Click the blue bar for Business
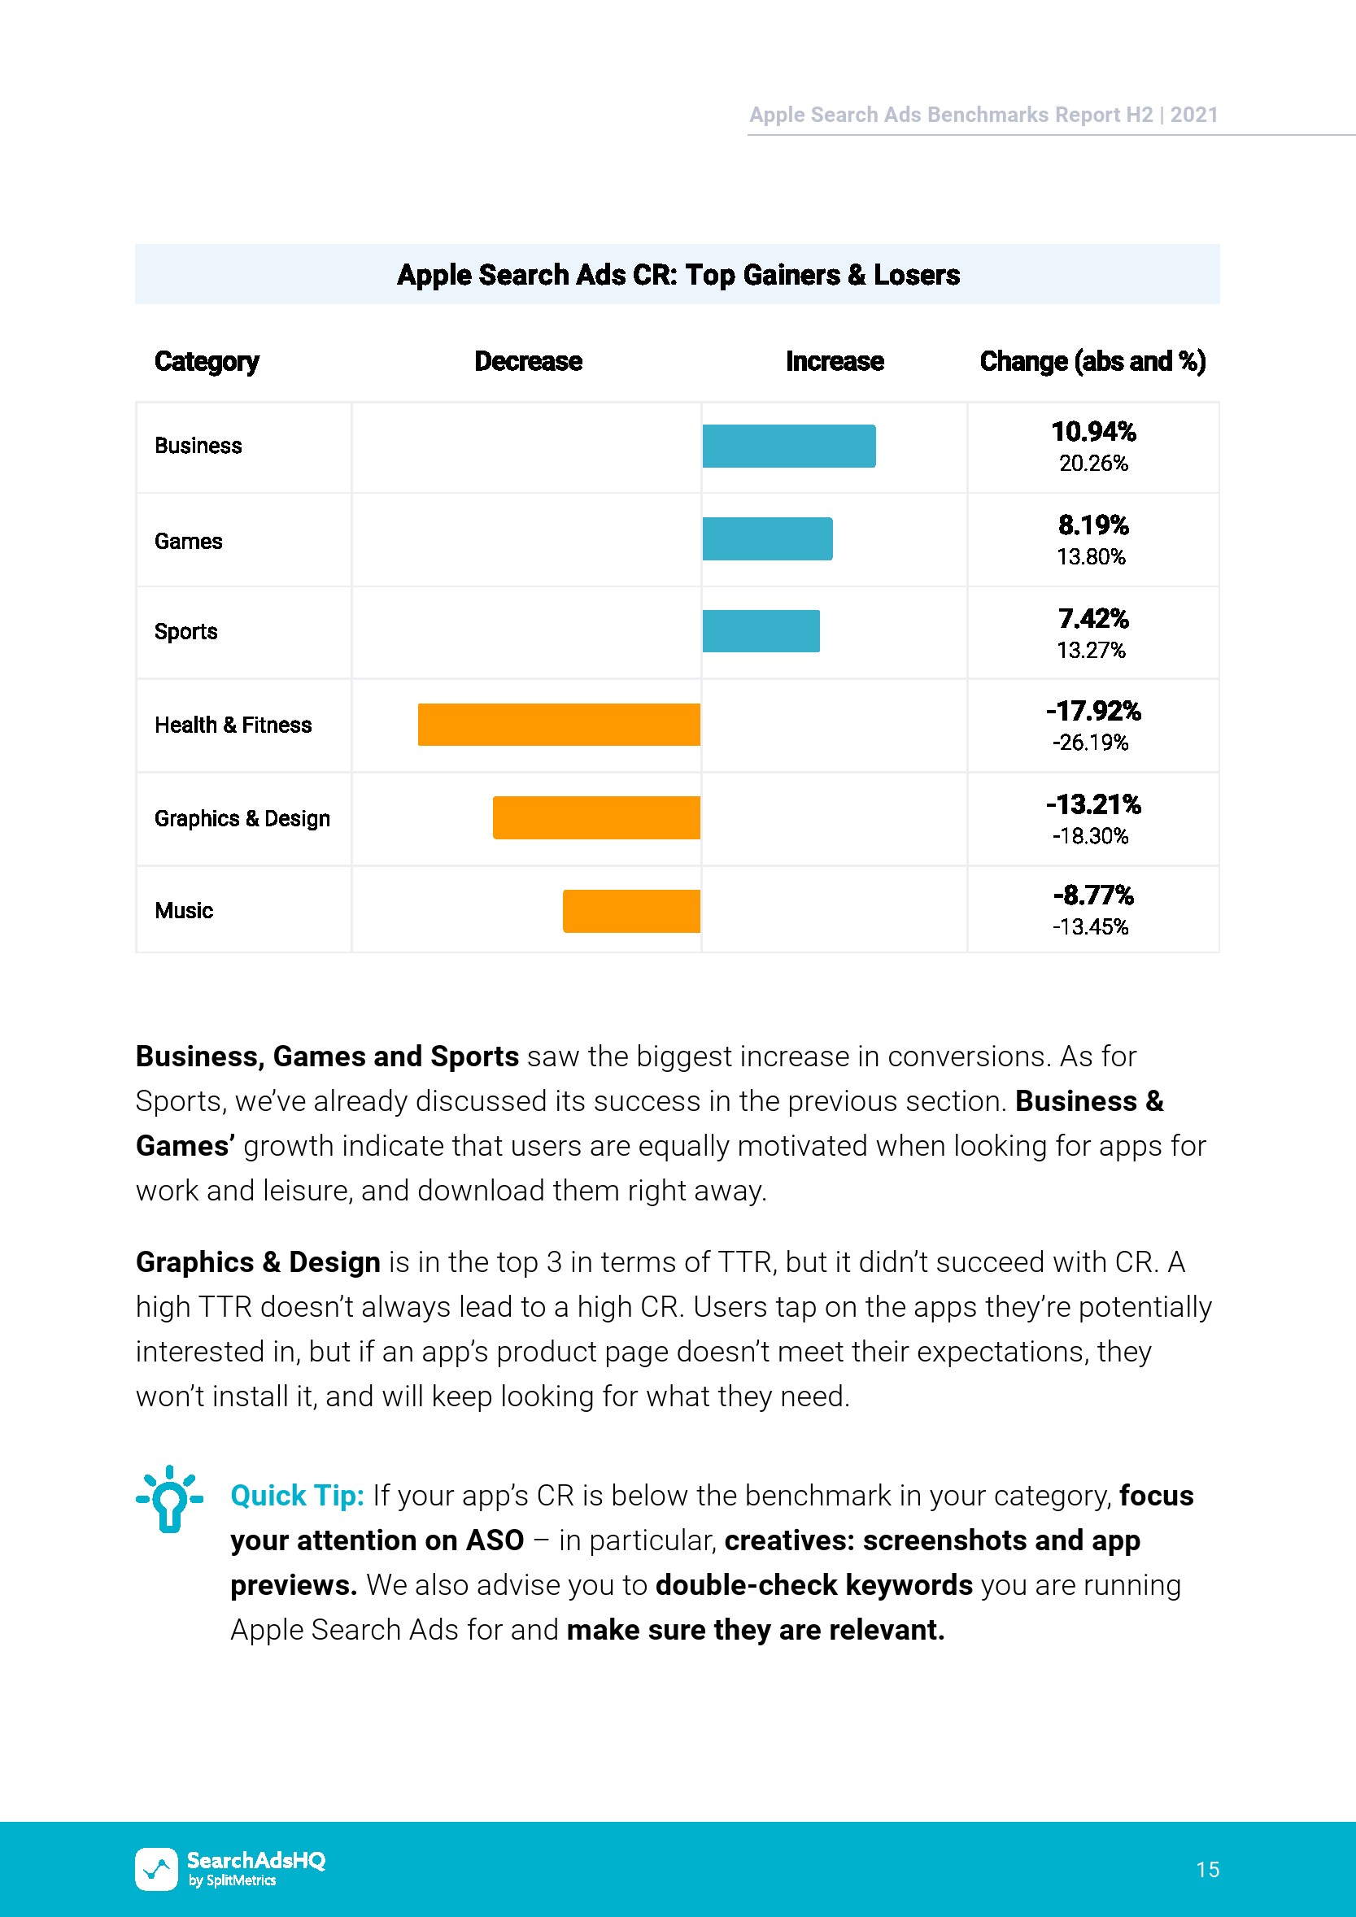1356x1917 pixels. (788, 446)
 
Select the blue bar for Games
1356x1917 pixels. (766, 538)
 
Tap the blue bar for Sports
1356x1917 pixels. (761, 631)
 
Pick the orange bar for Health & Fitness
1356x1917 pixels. (559, 725)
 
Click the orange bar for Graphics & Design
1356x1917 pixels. (596, 817)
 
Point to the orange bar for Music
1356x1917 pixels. (631, 911)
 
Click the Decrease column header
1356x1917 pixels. (528, 362)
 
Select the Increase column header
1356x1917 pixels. (834, 362)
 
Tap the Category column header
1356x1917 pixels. (207, 362)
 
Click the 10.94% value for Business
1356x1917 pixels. (1093, 432)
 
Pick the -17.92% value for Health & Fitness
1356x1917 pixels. (1093, 712)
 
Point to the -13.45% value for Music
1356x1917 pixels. (1090, 926)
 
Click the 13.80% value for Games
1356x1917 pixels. (1091, 557)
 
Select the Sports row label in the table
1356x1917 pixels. (185, 631)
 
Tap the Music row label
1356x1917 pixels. (184, 911)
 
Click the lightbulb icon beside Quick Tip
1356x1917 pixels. (169, 1500)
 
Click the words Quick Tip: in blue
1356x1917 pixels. (297, 1496)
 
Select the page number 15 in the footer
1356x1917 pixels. (1207, 1869)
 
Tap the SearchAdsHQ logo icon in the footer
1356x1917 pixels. (156, 1868)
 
